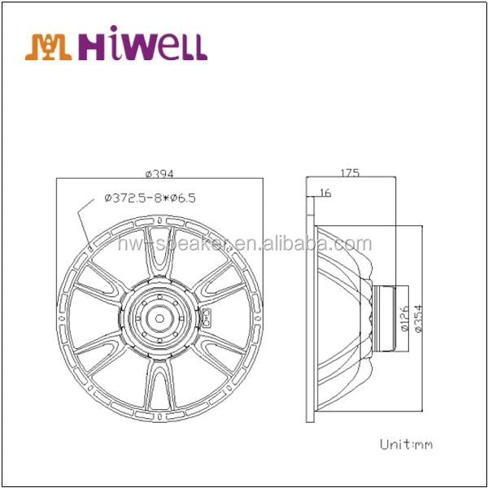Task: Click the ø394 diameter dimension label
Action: click(x=160, y=173)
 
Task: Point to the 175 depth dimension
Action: click(x=350, y=172)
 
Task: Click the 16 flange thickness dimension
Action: click(x=326, y=193)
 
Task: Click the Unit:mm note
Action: click(x=407, y=444)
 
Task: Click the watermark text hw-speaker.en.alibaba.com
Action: click(x=244, y=244)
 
